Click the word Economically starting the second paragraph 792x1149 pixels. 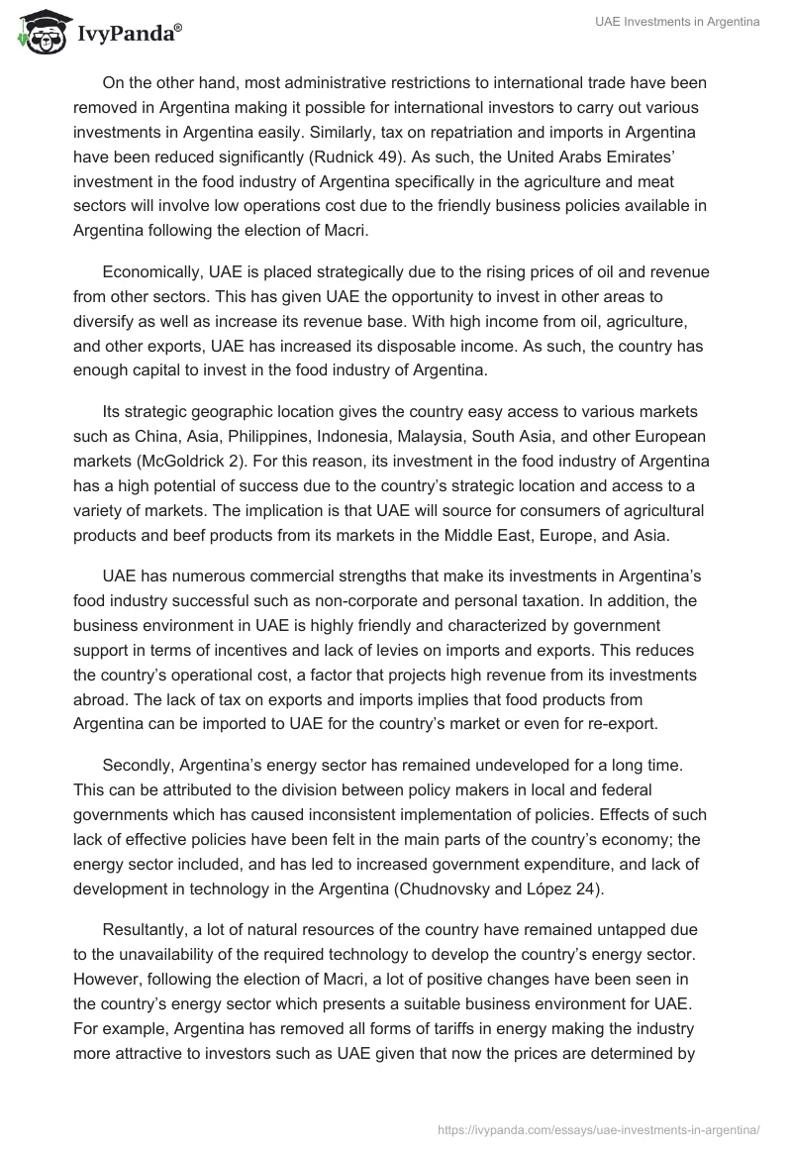pos(151,271)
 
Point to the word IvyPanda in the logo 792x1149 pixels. pos(124,33)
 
